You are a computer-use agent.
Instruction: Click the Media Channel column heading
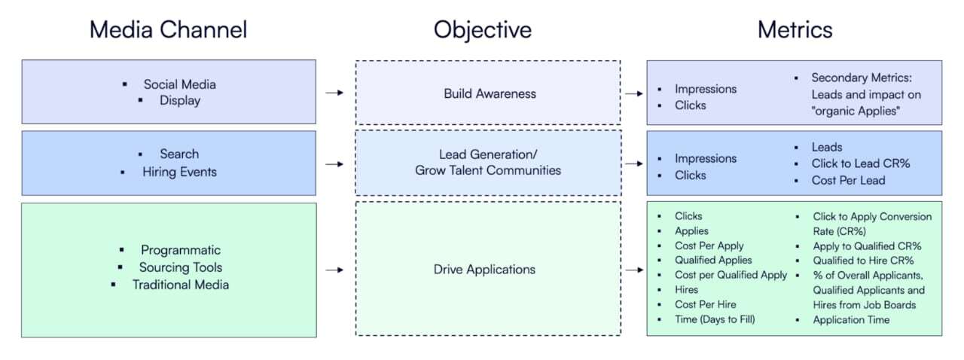168,29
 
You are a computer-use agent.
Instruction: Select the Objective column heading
482,29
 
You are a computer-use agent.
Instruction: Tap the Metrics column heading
795,29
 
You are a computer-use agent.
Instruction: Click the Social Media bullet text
179,84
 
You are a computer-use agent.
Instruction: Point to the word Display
179,101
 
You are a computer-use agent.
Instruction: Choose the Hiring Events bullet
179,172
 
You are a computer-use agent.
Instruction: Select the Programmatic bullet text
180,250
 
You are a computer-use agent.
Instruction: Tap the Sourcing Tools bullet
180,267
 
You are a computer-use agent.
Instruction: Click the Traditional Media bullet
180,285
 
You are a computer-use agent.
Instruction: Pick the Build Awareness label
490,93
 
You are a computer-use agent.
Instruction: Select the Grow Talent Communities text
488,170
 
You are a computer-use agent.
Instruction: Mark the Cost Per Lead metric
848,180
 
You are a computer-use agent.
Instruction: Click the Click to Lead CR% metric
861,163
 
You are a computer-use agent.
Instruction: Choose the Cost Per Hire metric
705,304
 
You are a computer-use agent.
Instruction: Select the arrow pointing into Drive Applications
334,269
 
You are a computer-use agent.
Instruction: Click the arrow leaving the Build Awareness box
633,93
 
